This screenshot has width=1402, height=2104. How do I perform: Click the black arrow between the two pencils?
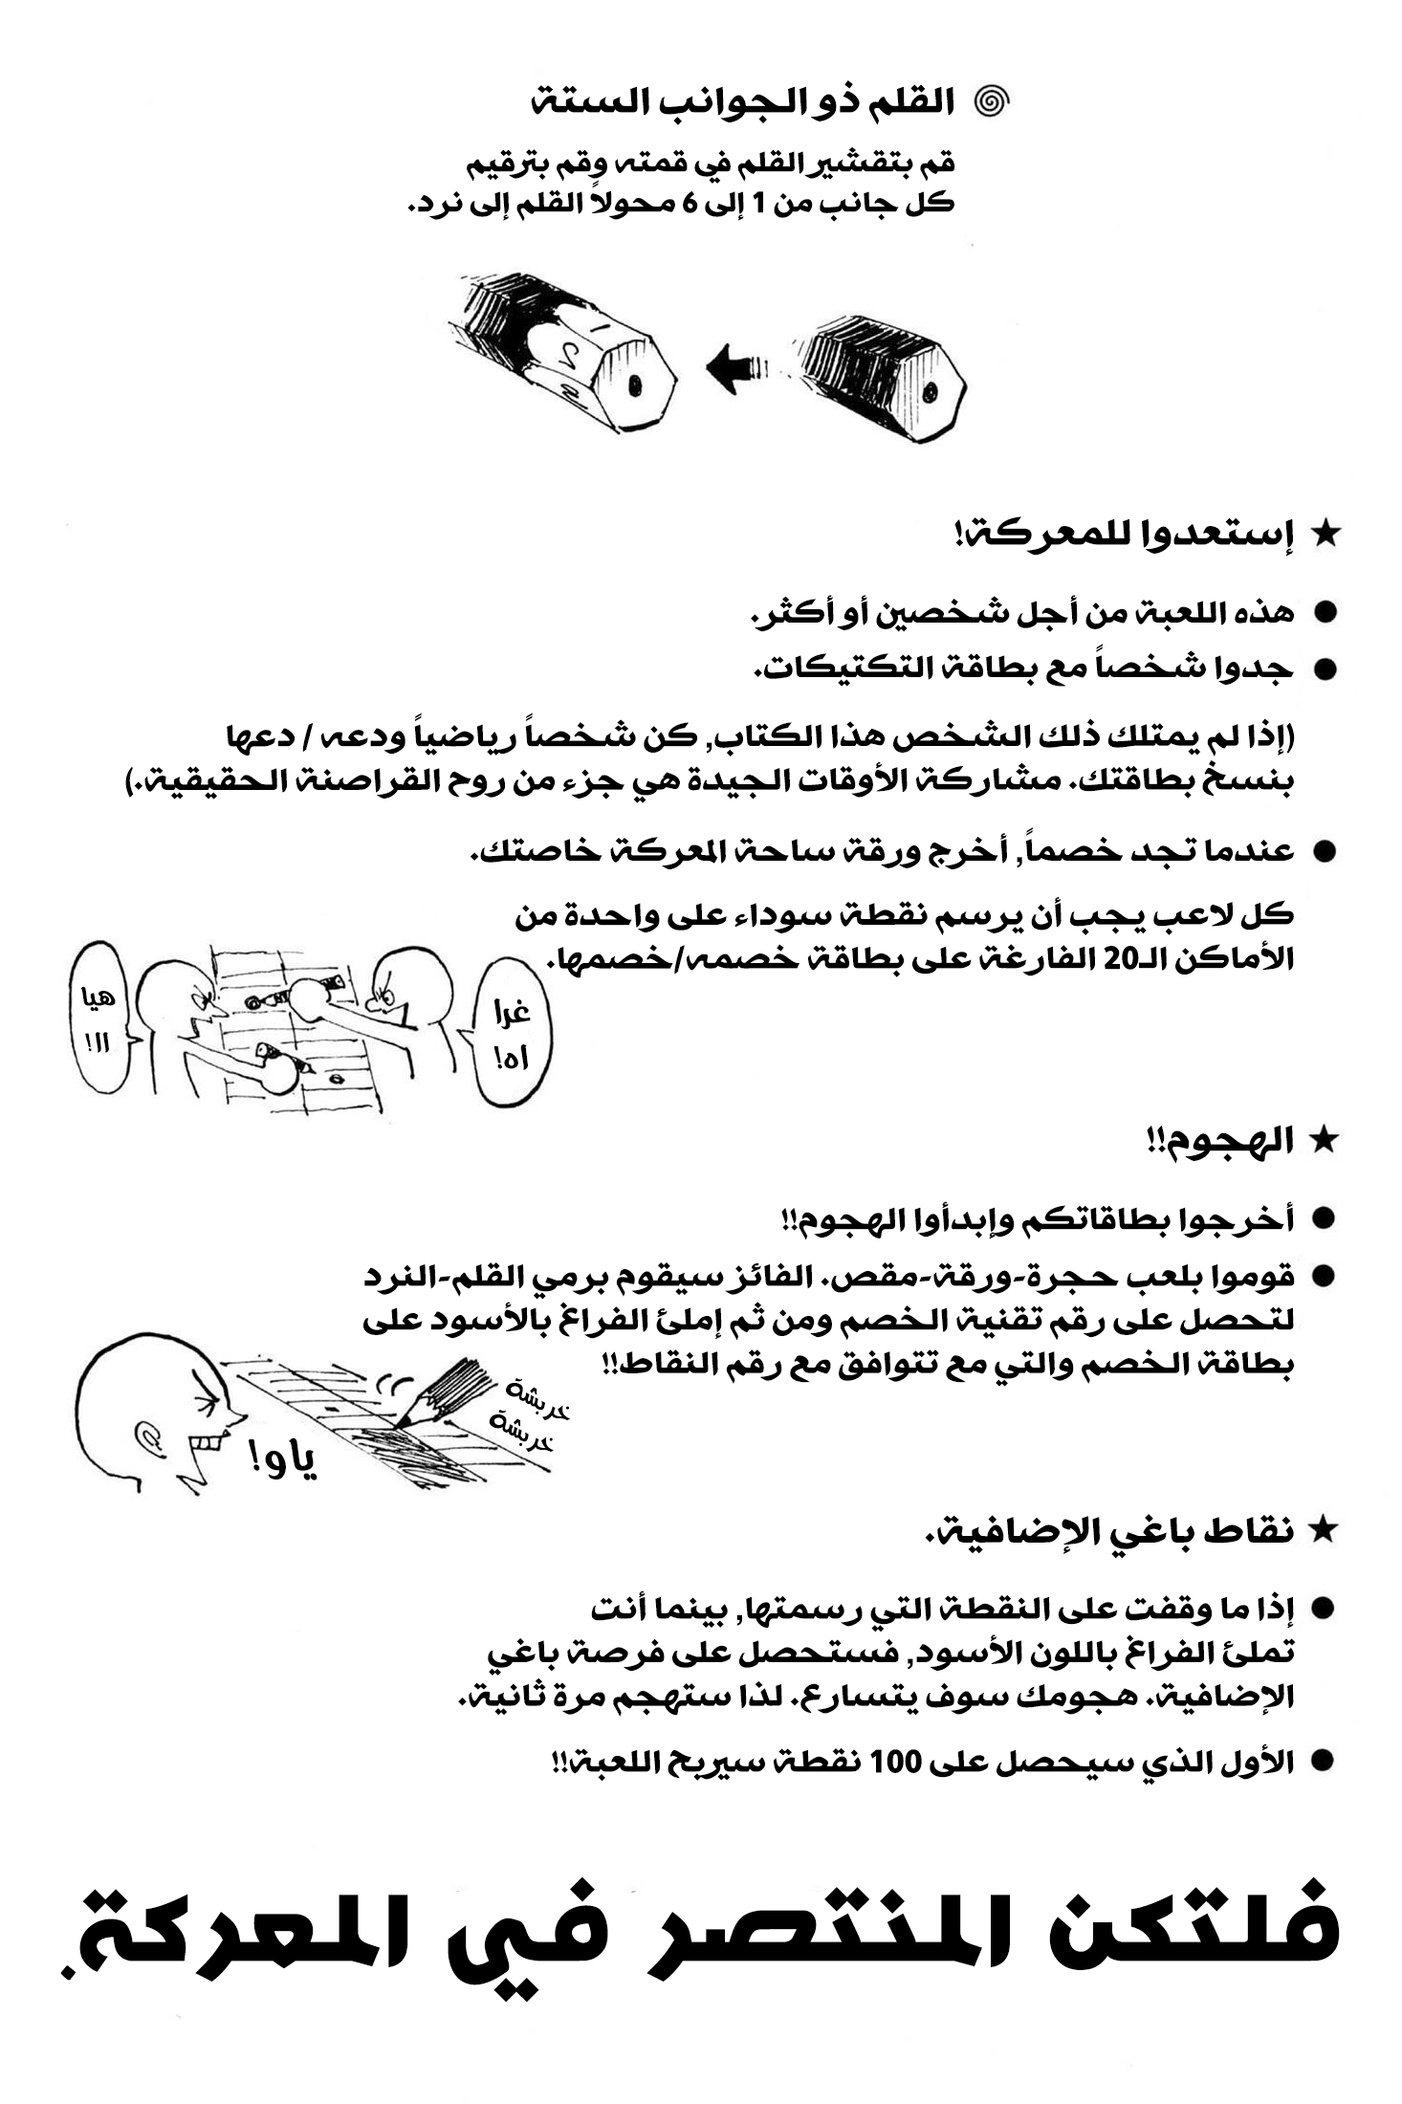(737, 368)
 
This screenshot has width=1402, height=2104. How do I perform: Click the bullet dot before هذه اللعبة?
(1325, 613)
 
